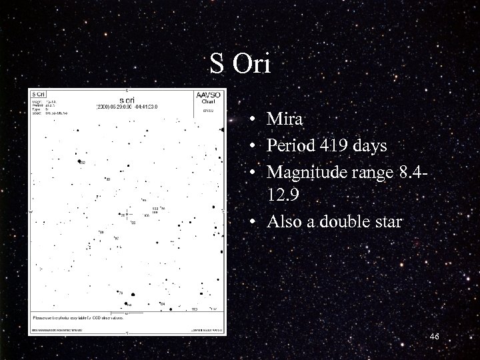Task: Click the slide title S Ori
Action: coord(240,64)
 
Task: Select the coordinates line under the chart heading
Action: coord(127,107)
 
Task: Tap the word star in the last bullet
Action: coord(388,222)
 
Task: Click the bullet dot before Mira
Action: coord(256,121)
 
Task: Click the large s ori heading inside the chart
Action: coord(127,98)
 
